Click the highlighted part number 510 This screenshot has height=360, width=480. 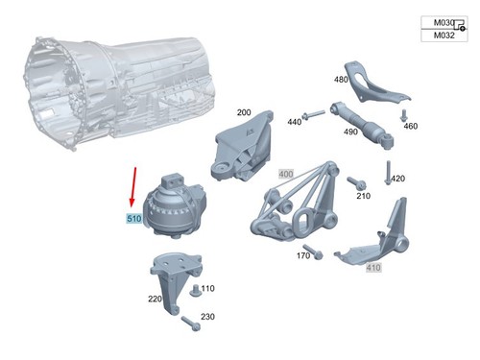[x=134, y=219]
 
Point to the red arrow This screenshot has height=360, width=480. [x=133, y=187]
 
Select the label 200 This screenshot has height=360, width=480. [x=244, y=112]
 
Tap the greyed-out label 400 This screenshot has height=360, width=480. [x=286, y=174]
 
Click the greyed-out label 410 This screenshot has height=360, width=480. [x=373, y=267]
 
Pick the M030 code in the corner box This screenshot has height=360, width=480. [x=444, y=23]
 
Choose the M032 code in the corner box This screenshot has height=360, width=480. [x=444, y=36]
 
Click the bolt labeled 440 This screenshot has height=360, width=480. [x=313, y=115]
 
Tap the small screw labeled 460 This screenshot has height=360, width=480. [x=403, y=115]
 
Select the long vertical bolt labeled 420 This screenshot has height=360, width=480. [x=388, y=173]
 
